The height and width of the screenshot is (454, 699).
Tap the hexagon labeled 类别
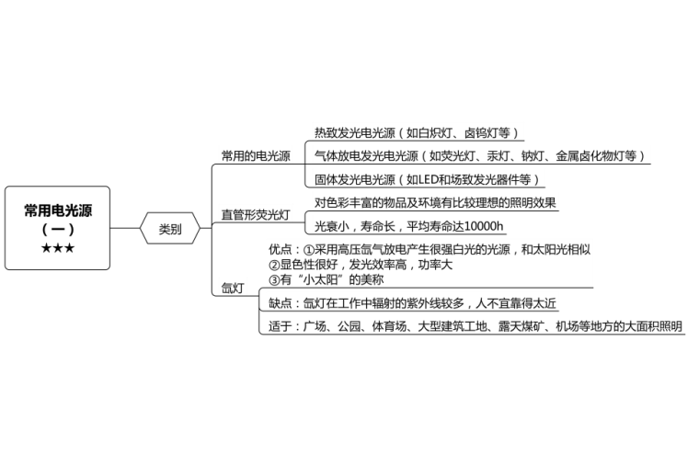(169, 229)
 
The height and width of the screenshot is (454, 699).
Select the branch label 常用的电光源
(256, 155)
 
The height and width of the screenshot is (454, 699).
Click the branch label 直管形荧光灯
(256, 215)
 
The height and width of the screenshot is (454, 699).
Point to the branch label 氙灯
(233, 289)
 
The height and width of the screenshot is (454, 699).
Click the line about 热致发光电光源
(418, 132)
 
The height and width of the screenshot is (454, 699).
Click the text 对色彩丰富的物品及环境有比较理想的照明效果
(435, 202)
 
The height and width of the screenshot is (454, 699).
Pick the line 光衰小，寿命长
(410, 226)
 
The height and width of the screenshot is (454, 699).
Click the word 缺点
(281, 303)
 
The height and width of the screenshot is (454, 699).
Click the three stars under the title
(58, 248)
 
